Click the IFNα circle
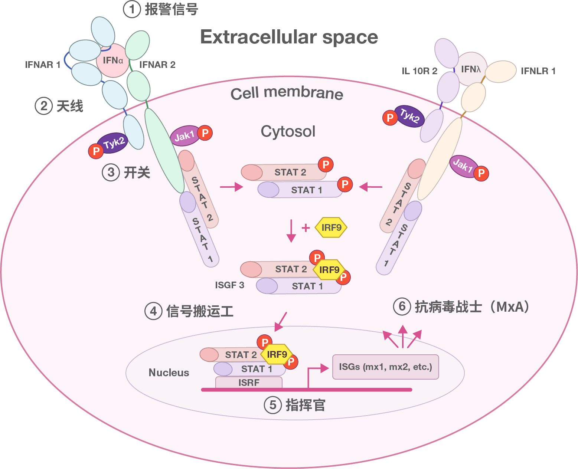(x=113, y=60)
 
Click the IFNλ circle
(x=471, y=69)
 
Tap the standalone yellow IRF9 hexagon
(x=331, y=227)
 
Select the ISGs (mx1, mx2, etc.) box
(x=385, y=367)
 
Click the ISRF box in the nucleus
(x=249, y=383)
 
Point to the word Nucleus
(x=169, y=373)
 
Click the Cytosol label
(x=288, y=131)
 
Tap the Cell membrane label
(x=287, y=93)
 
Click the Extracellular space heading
(x=289, y=37)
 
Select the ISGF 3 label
(x=230, y=285)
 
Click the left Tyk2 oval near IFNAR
(x=113, y=143)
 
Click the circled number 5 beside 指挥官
(x=273, y=405)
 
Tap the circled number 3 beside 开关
(x=111, y=173)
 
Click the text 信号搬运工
(x=200, y=311)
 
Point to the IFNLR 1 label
(x=538, y=71)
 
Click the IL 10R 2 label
(x=419, y=71)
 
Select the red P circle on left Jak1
(x=205, y=132)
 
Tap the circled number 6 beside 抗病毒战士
(x=402, y=307)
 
